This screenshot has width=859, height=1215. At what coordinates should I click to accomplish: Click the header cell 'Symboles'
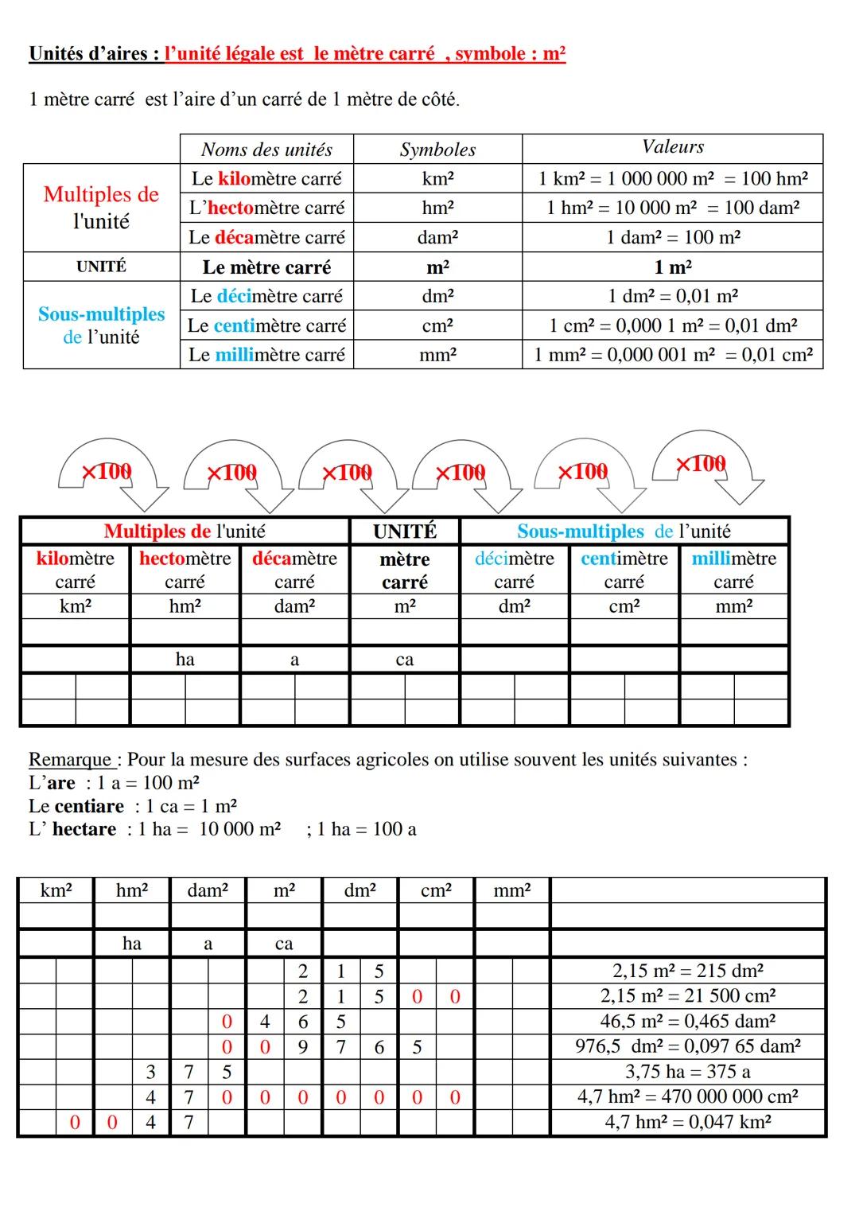[437, 150]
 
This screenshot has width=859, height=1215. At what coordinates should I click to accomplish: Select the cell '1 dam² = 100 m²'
[672, 237]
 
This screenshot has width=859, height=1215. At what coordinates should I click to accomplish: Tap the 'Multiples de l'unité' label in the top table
[101, 208]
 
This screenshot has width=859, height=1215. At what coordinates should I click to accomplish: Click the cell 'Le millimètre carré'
[266, 355]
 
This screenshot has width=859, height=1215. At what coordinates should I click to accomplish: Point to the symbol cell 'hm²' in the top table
[437, 208]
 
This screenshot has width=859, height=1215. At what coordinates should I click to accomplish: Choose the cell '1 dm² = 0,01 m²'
[672, 296]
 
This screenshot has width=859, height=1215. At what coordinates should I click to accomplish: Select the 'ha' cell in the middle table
[185, 659]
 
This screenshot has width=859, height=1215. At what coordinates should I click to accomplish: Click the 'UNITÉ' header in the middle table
[405, 531]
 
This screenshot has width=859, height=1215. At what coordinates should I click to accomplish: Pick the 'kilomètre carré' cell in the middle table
[76, 570]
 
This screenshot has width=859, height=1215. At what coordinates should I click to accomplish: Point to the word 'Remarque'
[72, 760]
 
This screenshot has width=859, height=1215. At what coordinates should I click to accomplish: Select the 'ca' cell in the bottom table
[284, 944]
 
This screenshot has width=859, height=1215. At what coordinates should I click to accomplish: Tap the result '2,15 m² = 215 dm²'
[688, 971]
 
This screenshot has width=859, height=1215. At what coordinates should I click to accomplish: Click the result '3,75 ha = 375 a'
[688, 1072]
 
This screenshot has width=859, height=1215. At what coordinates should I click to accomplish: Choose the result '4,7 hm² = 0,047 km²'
[688, 1122]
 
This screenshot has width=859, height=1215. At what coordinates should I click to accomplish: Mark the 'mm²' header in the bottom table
[511, 890]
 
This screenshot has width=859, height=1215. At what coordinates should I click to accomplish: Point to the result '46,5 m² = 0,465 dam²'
[688, 1021]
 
